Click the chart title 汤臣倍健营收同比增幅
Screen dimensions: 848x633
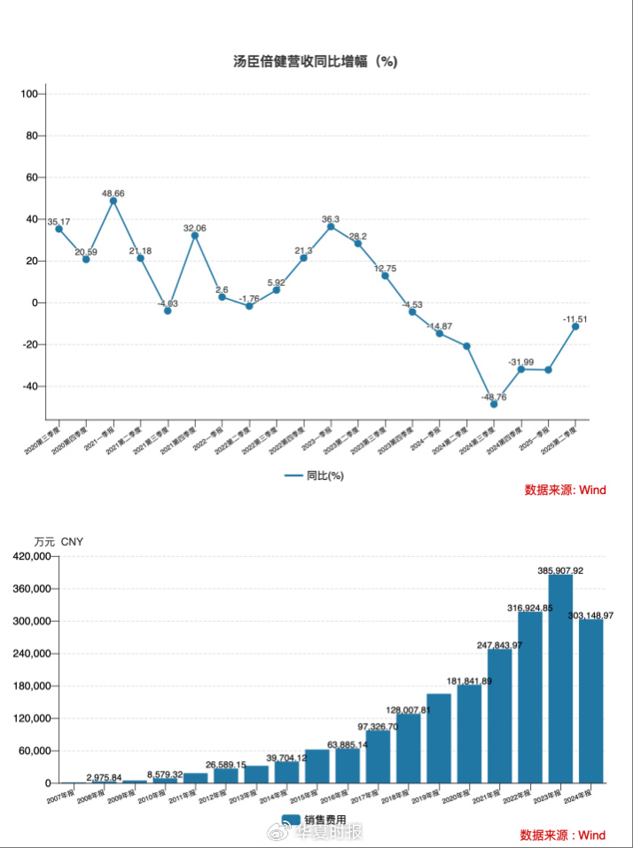click(315, 61)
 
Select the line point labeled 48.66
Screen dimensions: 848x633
click(113, 200)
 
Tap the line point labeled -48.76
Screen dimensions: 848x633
click(494, 404)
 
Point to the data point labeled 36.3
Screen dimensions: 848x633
click(331, 226)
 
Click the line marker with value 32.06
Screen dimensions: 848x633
click(195, 235)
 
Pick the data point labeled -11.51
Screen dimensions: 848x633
click(575, 326)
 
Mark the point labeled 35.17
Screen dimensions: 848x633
click(59, 229)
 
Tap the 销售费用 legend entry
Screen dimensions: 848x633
click(315, 820)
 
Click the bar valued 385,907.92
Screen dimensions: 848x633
click(560, 679)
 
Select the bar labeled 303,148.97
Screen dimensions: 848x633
click(591, 701)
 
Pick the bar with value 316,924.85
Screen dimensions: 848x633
click(530, 697)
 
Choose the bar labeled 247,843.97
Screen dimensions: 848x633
click(499, 716)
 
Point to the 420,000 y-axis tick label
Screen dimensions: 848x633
click(28, 556)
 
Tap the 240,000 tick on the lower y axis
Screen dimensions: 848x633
click(28, 654)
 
